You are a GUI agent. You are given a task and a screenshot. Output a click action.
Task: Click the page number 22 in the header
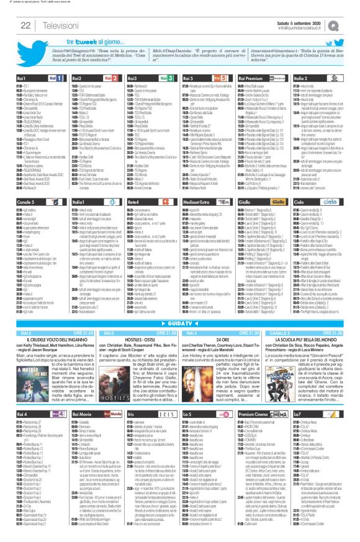pyautogui.click(x=27, y=25)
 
